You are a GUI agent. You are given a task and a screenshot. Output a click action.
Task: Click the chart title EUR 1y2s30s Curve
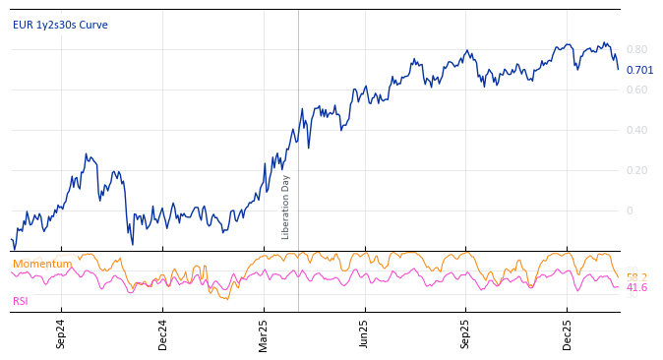60,25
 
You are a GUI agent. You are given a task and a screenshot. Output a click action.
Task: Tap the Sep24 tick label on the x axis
61,333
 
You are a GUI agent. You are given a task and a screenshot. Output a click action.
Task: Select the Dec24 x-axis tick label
163,333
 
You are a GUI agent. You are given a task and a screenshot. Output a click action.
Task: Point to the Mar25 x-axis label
264,333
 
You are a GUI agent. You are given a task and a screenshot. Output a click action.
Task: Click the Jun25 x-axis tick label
365,333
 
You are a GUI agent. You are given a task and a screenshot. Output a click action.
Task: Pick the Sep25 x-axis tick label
466,333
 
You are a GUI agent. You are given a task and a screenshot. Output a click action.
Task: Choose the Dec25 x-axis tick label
568,333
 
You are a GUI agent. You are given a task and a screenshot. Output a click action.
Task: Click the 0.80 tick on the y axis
636,49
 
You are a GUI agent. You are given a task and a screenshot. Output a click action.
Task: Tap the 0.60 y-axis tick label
636,90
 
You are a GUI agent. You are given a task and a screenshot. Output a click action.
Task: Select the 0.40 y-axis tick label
636,130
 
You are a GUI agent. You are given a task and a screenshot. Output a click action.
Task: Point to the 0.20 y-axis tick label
636,170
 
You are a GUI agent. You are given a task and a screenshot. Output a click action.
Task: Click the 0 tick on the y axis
630,210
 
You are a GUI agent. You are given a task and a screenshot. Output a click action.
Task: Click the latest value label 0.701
639,70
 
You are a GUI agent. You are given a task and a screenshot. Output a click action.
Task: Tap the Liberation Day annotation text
286,207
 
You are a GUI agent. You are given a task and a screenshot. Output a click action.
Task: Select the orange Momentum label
42,264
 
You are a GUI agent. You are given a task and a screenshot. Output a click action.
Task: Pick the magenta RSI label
21,301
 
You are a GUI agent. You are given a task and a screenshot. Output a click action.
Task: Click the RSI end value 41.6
636,287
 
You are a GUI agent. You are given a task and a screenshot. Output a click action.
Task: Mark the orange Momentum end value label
636,276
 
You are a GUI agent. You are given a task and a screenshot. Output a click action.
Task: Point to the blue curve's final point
618,69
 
